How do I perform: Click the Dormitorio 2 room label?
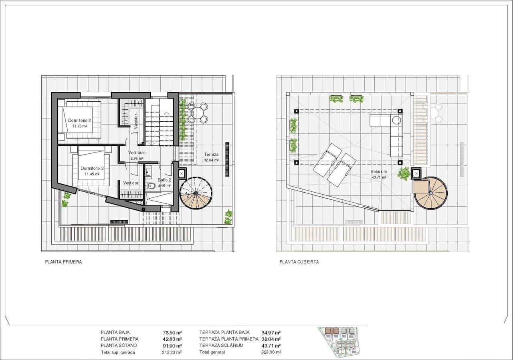pyautogui.click(x=79, y=120)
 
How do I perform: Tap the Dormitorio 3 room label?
pyautogui.click(x=92, y=169)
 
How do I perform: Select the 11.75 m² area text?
pyautogui.click(x=80, y=126)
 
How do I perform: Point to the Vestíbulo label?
pyautogui.click(x=137, y=153)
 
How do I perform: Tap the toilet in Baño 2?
pyautogui.click(x=151, y=186)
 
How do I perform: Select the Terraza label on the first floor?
pyautogui.click(x=211, y=155)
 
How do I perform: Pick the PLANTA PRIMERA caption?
pyautogui.click(x=63, y=262)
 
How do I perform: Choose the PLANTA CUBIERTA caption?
pyautogui.click(x=299, y=262)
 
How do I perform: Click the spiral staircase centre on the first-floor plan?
pyautogui.click(x=196, y=193)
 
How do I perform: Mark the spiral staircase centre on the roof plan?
pyautogui.click(x=430, y=193)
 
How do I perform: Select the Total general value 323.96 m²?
pyautogui.click(x=271, y=352)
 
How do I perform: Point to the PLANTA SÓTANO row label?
pyautogui.click(x=119, y=346)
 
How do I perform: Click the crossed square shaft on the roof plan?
pyautogui.click(x=416, y=173)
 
